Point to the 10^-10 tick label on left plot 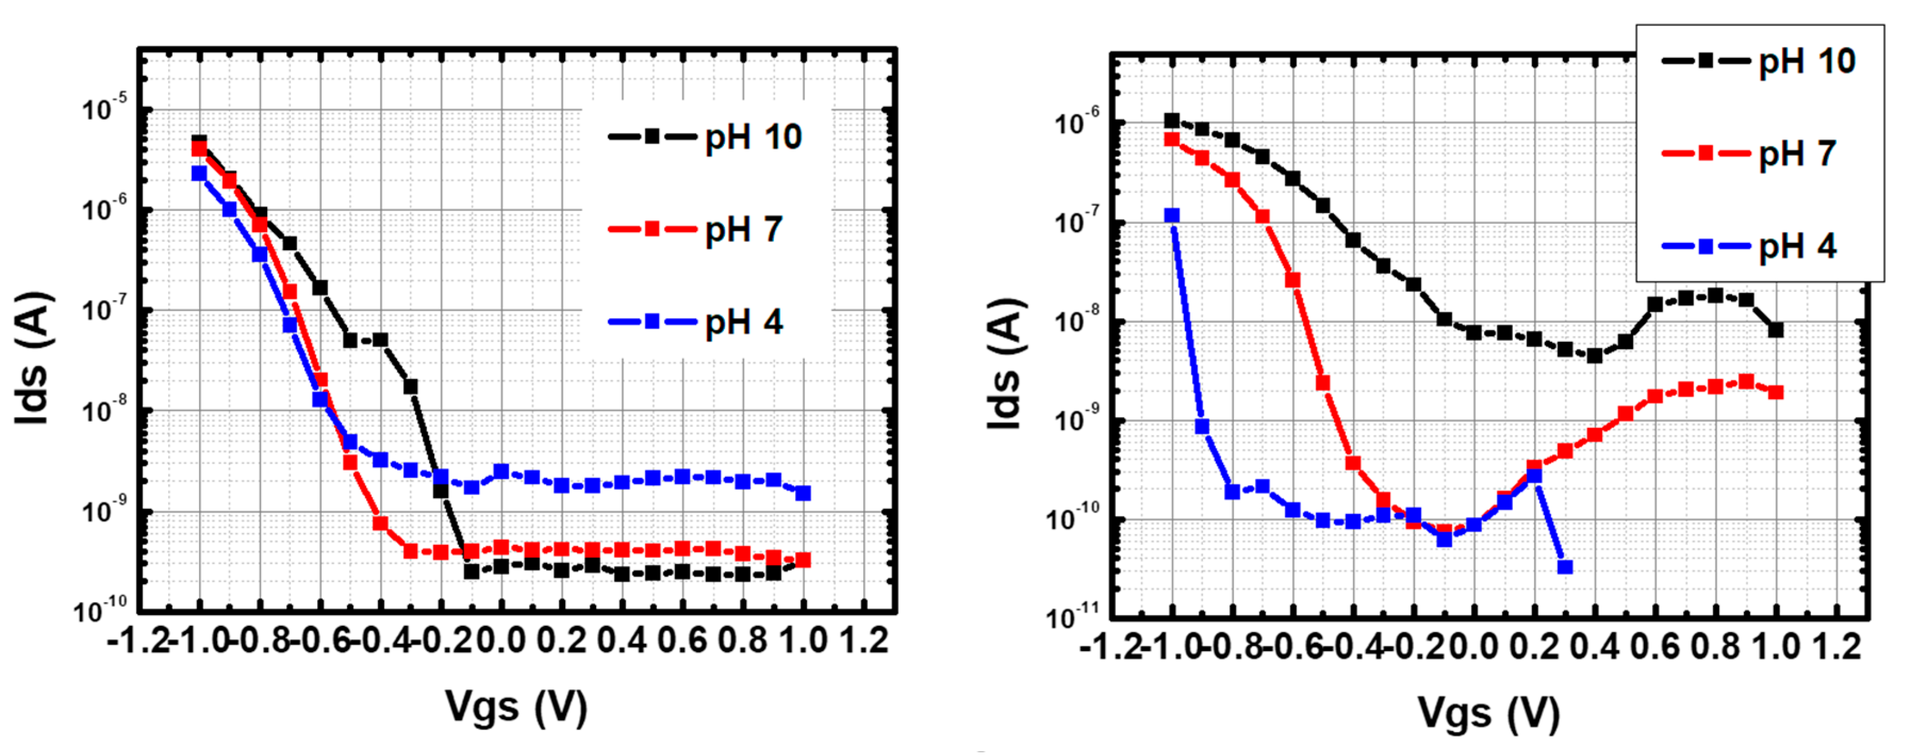click(x=100, y=610)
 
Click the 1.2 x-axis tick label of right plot click(x=1836, y=647)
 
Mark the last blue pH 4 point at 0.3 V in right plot click(x=1565, y=567)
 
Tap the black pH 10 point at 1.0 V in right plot click(x=1775, y=330)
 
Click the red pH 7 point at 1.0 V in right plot click(x=1775, y=392)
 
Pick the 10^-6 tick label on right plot click(x=1075, y=122)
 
